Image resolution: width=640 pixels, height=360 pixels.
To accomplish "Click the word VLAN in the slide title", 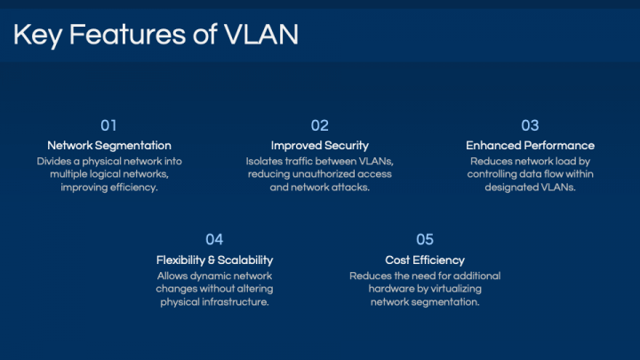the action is [x=261, y=35].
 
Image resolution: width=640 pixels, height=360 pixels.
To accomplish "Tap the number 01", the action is [x=108, y=125].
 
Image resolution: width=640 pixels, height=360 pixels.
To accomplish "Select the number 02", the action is [x=320, y=125].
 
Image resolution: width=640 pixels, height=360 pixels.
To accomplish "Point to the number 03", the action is [x=530, y=125].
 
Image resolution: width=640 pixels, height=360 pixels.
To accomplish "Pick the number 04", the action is [x=214, y=240].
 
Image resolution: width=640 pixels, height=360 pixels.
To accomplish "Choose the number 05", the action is [x=425, y=240].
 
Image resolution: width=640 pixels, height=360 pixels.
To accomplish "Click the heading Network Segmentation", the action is [x=109, y=146].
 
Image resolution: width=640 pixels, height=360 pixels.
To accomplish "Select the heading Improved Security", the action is [x=320, y=146].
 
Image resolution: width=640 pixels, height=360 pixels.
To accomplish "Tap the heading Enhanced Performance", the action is [x=530, y=146].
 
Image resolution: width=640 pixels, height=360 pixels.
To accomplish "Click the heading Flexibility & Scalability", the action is [x=214, y=260].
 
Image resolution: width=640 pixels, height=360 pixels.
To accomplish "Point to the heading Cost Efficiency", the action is [x=425, y=260].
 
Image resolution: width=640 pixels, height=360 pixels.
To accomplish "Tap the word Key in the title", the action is [x=37, y=35].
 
